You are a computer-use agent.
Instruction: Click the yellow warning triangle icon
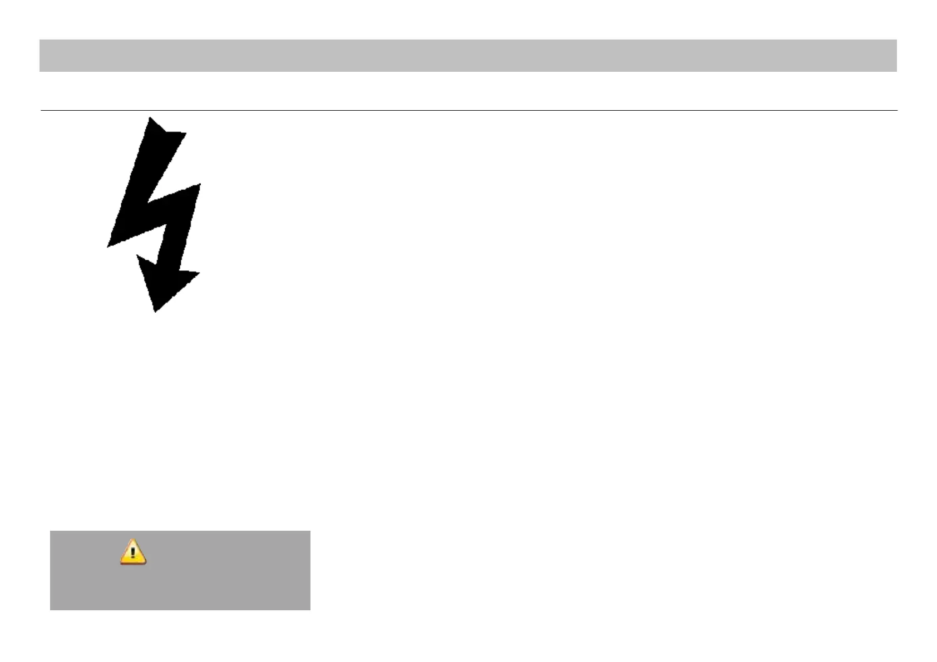[133, 553]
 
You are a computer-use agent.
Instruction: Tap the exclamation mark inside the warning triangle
[133, 554]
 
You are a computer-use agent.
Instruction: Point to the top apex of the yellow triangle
[133, 540]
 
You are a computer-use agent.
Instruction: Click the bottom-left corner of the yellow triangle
[121, 564]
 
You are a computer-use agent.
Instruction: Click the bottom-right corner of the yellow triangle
[146, 564]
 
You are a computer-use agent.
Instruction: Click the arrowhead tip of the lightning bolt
[155, 312]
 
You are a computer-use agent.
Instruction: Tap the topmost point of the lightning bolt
[149, 117]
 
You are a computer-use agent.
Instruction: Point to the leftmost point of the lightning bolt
[107, 246]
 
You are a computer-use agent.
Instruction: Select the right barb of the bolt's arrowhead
[199, 273]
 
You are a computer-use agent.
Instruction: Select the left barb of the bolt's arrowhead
[137, 255]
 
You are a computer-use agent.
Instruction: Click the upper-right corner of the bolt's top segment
[186, 133]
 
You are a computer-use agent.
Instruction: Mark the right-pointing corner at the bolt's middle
[200, 184]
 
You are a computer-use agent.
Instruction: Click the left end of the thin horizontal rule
[41, 110]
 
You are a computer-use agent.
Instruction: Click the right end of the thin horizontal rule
[897, 110]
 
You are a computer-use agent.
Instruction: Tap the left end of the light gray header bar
[40, 56]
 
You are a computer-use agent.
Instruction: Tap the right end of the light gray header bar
[896, 56]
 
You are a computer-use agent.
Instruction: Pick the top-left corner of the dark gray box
[51, 531]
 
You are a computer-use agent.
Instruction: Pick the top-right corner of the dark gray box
[309, 531]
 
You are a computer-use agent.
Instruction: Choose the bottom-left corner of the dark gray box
[51, 609]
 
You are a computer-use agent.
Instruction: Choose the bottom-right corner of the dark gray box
[309, 609]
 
